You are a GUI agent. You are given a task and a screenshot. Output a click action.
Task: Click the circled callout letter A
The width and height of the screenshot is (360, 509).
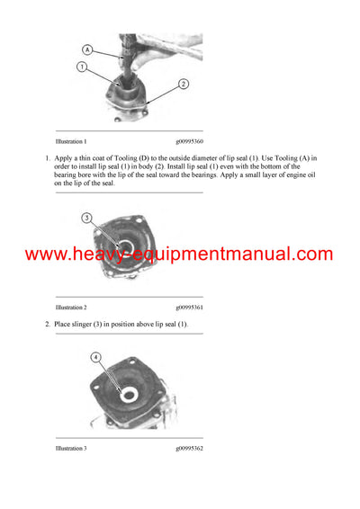click(87, 50)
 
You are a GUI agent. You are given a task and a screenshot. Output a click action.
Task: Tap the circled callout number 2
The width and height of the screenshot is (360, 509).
click(183, 84)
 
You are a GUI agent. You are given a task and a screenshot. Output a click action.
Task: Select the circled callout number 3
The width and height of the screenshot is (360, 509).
click(86, 216)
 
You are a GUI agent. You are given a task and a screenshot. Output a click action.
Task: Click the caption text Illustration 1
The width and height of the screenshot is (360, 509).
click(71, 142)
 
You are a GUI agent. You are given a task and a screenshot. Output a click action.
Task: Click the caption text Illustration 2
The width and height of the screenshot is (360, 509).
click(71, 308)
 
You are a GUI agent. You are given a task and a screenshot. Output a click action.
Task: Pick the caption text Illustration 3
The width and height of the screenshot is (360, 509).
click(71, 447)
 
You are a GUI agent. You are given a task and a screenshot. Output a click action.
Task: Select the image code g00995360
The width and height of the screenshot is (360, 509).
click(189, 142)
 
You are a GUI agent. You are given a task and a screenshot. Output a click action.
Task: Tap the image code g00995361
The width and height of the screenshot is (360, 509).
click(189, 308)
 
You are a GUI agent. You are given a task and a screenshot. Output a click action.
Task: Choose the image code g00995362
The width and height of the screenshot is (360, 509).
click(189, 447)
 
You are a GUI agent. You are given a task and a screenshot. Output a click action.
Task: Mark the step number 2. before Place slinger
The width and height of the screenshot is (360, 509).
click(47, 324)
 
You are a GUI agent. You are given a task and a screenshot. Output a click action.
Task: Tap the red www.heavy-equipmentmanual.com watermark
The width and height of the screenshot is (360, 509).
click(179, 254)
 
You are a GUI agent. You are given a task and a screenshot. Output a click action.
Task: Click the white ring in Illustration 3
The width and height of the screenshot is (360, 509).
click(129, 393)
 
